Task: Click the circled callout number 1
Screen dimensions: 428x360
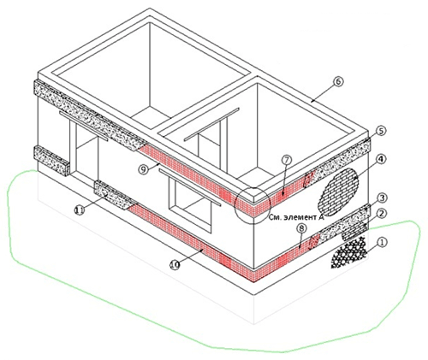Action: pos(382,243)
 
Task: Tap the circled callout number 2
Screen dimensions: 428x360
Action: pos(382,214)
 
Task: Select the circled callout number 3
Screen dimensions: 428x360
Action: pos(382,198)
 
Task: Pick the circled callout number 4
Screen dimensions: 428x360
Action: pos(381,160)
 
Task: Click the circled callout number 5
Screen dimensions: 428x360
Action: pos(381,131)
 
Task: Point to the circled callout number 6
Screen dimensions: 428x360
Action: pos(338,82)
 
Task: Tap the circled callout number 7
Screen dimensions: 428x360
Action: pos(287,160)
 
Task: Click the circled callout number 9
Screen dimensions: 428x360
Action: pos(143,169)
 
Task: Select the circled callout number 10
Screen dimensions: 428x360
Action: pos(175,265)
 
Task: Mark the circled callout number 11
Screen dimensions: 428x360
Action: pos(80,210)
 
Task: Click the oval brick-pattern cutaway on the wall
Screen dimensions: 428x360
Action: pos(338,192)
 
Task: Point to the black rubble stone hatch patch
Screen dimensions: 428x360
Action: pos(348,253)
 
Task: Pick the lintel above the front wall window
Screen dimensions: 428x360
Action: pos(190,186)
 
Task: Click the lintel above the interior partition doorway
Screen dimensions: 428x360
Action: pos(211,124)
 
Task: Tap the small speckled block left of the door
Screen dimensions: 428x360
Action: pos(51,161)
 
